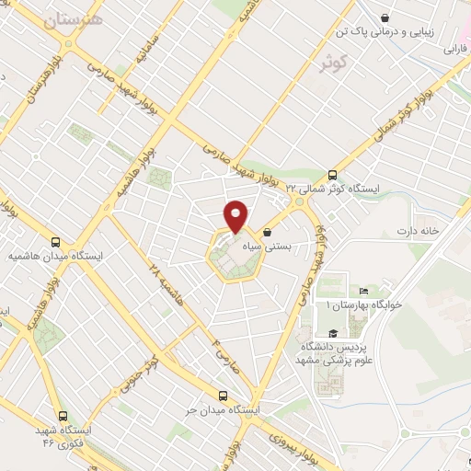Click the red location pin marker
point(237,215)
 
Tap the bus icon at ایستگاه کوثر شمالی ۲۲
point(333,174)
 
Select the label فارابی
point(456,48)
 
